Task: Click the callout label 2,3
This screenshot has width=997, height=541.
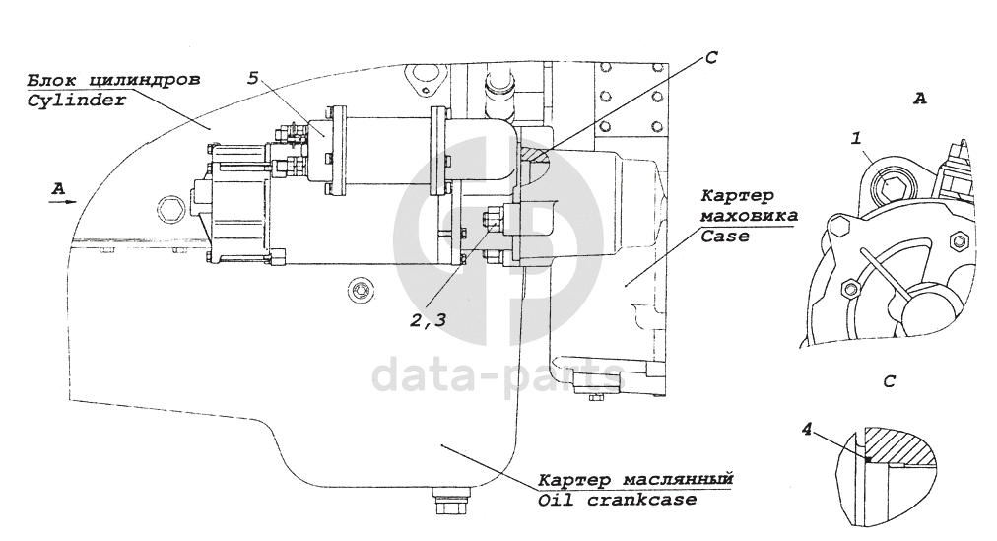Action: coord(434,318)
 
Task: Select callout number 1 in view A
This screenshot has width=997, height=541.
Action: coord(858,140)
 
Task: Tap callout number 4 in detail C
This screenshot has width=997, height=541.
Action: coord(808,430)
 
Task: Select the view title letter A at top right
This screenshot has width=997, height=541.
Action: coord(920,99)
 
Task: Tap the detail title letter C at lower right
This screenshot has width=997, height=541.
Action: coord(890,380)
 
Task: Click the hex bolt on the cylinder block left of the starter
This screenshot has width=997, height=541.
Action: coord(167,209)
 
